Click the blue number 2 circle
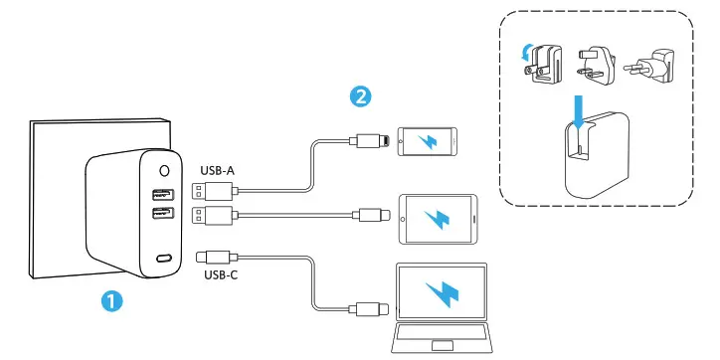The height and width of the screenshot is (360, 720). click(x=363, y=96)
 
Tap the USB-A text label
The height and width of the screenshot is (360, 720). click(x=219, y=169)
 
